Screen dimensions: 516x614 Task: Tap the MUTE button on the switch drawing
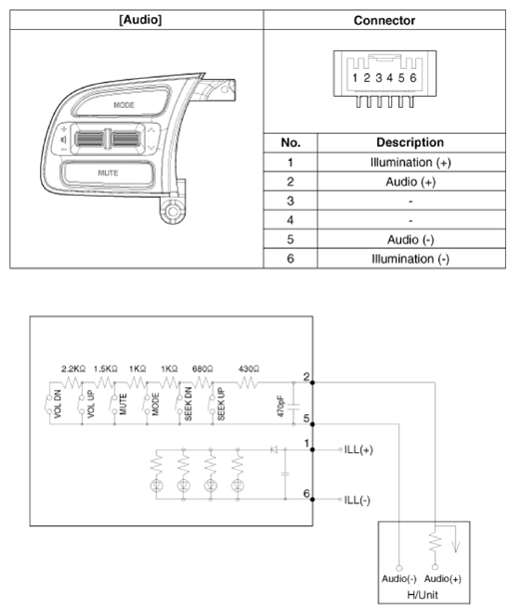[108, 173]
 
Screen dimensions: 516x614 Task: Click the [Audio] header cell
[140, 20]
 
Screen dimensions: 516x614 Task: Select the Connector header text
[384, 20]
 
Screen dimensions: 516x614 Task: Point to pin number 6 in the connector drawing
[412, 78]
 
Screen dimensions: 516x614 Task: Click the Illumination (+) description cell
[410, 162]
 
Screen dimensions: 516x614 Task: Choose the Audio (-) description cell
[410, 240]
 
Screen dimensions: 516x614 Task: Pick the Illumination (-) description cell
[410, 259]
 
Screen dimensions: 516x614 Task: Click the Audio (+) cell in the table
[410, 182]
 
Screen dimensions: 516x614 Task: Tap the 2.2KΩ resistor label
[73, 368]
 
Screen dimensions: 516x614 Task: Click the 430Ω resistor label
[249, 368]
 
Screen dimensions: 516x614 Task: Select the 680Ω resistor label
[203, 368]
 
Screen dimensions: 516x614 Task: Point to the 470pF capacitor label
[280, 405]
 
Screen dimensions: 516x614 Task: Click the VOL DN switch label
[58, 403]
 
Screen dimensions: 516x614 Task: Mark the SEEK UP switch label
[221, 403]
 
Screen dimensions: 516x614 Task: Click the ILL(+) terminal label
[358, 450]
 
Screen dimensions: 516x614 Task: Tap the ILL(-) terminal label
[357, 500]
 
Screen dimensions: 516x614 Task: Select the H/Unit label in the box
[422, 595]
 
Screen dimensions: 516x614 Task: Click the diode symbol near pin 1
[273, 449]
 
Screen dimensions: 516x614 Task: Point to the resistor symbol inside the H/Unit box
[434, 542]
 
